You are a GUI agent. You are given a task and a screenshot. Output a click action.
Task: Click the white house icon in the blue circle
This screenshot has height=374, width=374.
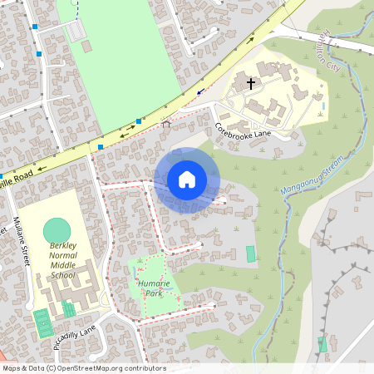[x=187, y=179]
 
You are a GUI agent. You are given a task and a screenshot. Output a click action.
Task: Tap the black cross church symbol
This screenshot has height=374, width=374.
[x=251, y=84]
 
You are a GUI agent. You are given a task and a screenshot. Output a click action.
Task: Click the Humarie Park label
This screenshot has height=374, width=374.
[x=149, y=288]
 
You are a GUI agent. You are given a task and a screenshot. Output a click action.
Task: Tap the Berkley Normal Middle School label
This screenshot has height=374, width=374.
[x=62, y=260]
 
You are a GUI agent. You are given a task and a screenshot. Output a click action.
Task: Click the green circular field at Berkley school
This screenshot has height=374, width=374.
[x=57, y=229]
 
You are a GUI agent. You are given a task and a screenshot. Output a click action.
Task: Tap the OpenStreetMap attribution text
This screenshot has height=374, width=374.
[x=83, y=368]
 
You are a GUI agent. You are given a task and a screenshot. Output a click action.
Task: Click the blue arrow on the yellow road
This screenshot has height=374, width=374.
[x=199, y=92]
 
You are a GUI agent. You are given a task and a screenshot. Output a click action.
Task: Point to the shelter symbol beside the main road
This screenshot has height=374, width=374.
[x=165, y=124]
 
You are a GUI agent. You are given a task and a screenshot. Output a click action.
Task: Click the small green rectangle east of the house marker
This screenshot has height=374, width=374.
[x=251, y=253]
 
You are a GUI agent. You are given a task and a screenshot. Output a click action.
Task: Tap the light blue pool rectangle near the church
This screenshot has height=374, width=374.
[x=323, y=107]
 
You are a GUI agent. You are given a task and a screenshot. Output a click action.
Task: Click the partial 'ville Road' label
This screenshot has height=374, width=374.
[x=17, y=177]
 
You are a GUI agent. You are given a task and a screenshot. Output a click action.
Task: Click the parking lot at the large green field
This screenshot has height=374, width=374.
[x=76, y=31]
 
